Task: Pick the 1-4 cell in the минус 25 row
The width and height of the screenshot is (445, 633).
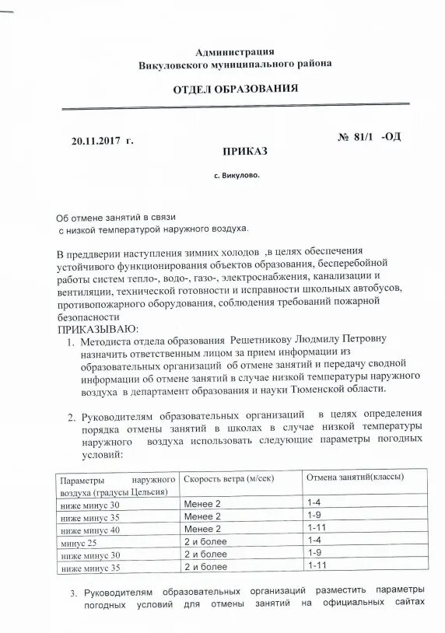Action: tap(315, 540)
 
